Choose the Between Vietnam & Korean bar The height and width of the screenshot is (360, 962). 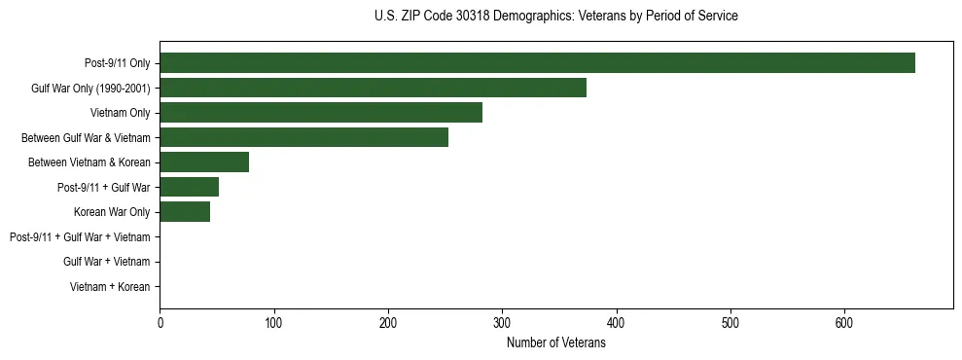(x=204, y=162)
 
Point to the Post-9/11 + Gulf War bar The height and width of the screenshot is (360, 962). (x=189, y=187)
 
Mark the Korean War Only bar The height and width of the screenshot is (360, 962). (x=185, y=212)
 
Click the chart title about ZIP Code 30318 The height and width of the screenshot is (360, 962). (x=555, y=17)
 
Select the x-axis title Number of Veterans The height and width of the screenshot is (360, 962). (x=555, y=343)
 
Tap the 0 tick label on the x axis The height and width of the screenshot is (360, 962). (x=160, y=323)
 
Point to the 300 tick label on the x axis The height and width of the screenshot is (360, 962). (x=502, y=323)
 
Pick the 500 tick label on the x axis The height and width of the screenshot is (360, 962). (x=730, y=323)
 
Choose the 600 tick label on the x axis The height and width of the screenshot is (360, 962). (x=844, y=323)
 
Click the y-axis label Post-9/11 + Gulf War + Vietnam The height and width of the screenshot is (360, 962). (x=80, y=237)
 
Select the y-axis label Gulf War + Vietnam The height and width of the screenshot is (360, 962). (x=107, y=262)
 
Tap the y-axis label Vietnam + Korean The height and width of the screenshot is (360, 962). (x=110, y=287)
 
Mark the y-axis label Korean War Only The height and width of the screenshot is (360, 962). (x=112, y=212)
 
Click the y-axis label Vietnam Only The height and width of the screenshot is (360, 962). (x=121, y=113)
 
